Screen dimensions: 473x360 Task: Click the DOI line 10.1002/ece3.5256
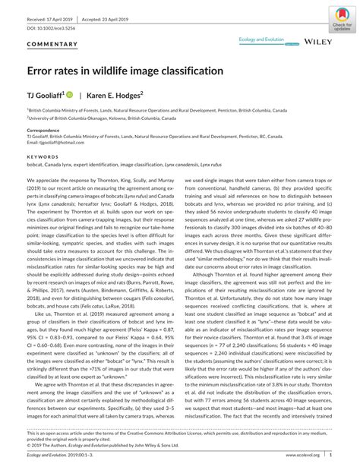52,27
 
